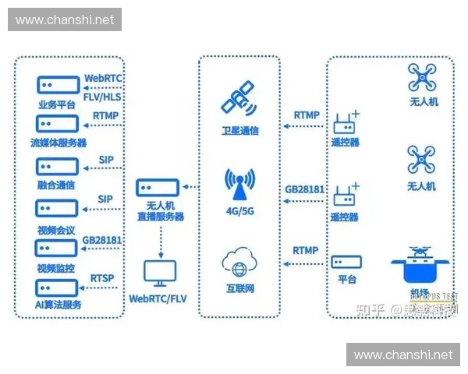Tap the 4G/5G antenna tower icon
pos(239,185)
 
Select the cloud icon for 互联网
pos(239,263)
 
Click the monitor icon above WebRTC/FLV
pos(160,273)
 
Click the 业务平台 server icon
pos(58,84)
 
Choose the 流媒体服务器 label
pos(58,143)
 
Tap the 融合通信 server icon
pos(58,167)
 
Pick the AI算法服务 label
pos(58,304)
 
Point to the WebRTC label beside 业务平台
pos(103,79)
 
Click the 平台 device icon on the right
pos(346,263)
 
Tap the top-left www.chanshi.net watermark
pos(65,19)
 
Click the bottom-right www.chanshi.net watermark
pos(402,355)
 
